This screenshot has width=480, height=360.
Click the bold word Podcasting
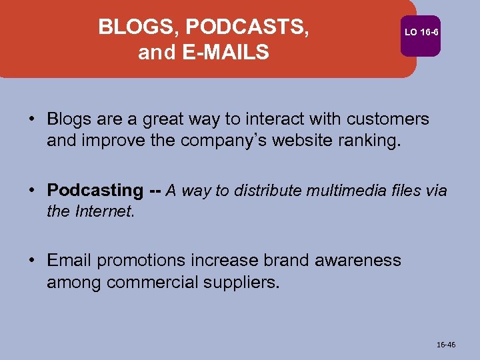[95, 190]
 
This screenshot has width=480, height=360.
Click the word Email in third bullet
[71, 260]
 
